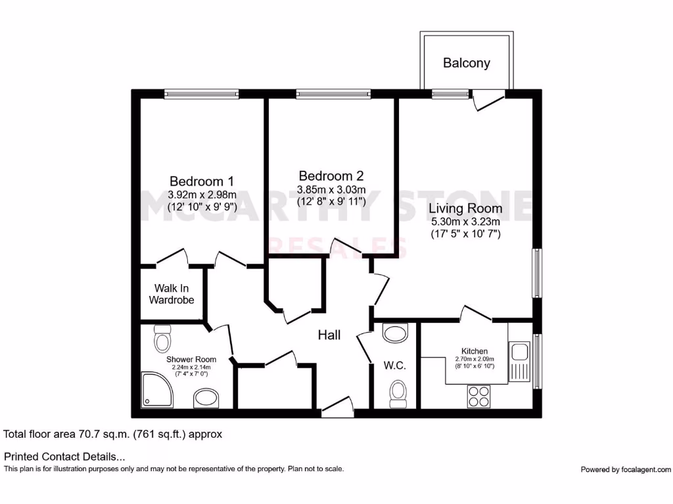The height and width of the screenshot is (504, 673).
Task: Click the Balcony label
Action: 466,63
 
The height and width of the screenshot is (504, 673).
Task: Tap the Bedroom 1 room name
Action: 202,181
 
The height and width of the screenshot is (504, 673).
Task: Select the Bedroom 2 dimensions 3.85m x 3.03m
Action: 331,189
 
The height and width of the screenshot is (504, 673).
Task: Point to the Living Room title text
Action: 465,209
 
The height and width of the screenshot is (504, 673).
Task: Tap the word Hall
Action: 329,335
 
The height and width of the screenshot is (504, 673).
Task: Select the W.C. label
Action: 395,366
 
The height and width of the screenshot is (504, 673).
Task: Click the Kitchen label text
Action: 474,352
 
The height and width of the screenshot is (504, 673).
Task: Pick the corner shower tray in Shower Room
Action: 157,390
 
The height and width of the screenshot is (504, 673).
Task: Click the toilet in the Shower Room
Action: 162,339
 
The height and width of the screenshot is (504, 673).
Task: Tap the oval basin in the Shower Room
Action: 206,398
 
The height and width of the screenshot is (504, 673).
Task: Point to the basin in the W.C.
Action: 396,333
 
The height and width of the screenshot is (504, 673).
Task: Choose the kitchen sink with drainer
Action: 521,362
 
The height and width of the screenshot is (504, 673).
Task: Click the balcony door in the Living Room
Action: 488,100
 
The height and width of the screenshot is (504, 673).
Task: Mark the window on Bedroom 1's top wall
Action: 201,94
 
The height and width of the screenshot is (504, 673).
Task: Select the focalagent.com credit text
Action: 626,469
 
